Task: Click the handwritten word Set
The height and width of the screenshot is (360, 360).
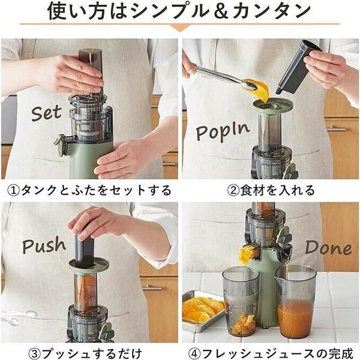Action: click(46, 113)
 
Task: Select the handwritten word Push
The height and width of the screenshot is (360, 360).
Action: click(44, 245)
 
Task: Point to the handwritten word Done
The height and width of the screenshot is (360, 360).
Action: click(328, 248)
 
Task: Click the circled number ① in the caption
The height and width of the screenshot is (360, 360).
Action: click(13, 190)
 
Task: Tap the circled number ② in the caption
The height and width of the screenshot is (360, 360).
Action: click(233, 190)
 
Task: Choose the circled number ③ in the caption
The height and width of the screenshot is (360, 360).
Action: click(35, 353)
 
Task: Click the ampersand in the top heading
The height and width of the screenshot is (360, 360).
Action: click(221, 11)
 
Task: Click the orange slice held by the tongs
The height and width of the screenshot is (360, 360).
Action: click(258, 90)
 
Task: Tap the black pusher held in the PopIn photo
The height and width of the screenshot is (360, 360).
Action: click(298, 67)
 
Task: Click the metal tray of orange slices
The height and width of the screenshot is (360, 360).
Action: click(203, 310)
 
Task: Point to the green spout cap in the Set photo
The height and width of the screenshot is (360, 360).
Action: click(60, 144)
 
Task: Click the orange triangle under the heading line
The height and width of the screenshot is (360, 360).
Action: click(180, 28)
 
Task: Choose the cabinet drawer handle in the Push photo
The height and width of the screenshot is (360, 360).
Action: click(152, 287)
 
